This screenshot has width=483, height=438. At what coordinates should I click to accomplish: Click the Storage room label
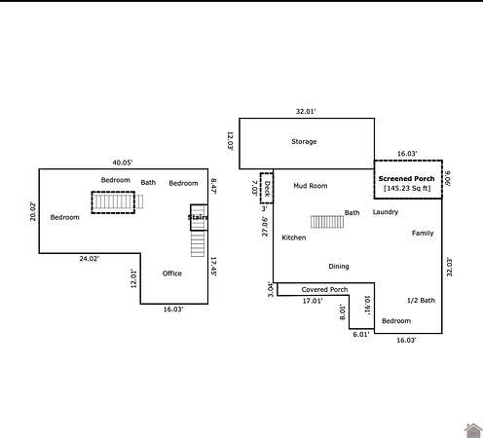click(x=304, y=142)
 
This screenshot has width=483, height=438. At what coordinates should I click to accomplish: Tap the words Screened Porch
click(x=406, y=179)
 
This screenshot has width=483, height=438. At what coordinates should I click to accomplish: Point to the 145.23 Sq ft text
click(x=407, y=188)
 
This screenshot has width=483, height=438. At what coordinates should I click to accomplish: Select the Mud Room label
click(x=311, y=186)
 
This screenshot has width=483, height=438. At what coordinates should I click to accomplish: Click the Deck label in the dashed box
click(x=267, y=189)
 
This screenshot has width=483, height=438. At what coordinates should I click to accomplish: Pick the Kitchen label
click(x=294, y=237)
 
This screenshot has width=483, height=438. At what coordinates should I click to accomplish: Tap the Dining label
click(x=339, y=267)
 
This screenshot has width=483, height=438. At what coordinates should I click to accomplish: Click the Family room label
click(x=423, y=234)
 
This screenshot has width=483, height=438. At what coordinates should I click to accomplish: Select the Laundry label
click(x=386, y=212)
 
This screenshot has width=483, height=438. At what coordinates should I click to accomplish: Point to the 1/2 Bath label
click(x=421, y=301)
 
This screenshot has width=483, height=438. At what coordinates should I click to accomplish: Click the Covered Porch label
click(x=324, y=289)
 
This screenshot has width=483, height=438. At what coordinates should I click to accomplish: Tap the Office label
click(x=172, y=274)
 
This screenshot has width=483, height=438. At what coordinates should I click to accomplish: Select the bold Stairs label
click(x=198, y=217)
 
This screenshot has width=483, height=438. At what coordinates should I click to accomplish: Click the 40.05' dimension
click(x=123, y=163)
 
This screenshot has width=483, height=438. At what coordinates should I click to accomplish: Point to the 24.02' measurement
click(x=90, y=259)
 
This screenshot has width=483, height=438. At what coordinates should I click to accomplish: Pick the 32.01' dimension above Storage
click(x=306, y=112)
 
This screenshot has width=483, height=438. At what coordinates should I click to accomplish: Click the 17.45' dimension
click(x=213, y=267)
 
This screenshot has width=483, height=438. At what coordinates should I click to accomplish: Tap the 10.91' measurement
click(x=367, y=306)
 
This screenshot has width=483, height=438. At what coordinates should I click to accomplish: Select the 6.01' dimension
click(x=361, y=335)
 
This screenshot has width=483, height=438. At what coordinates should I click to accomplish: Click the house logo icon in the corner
click(x=473, y=430)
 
